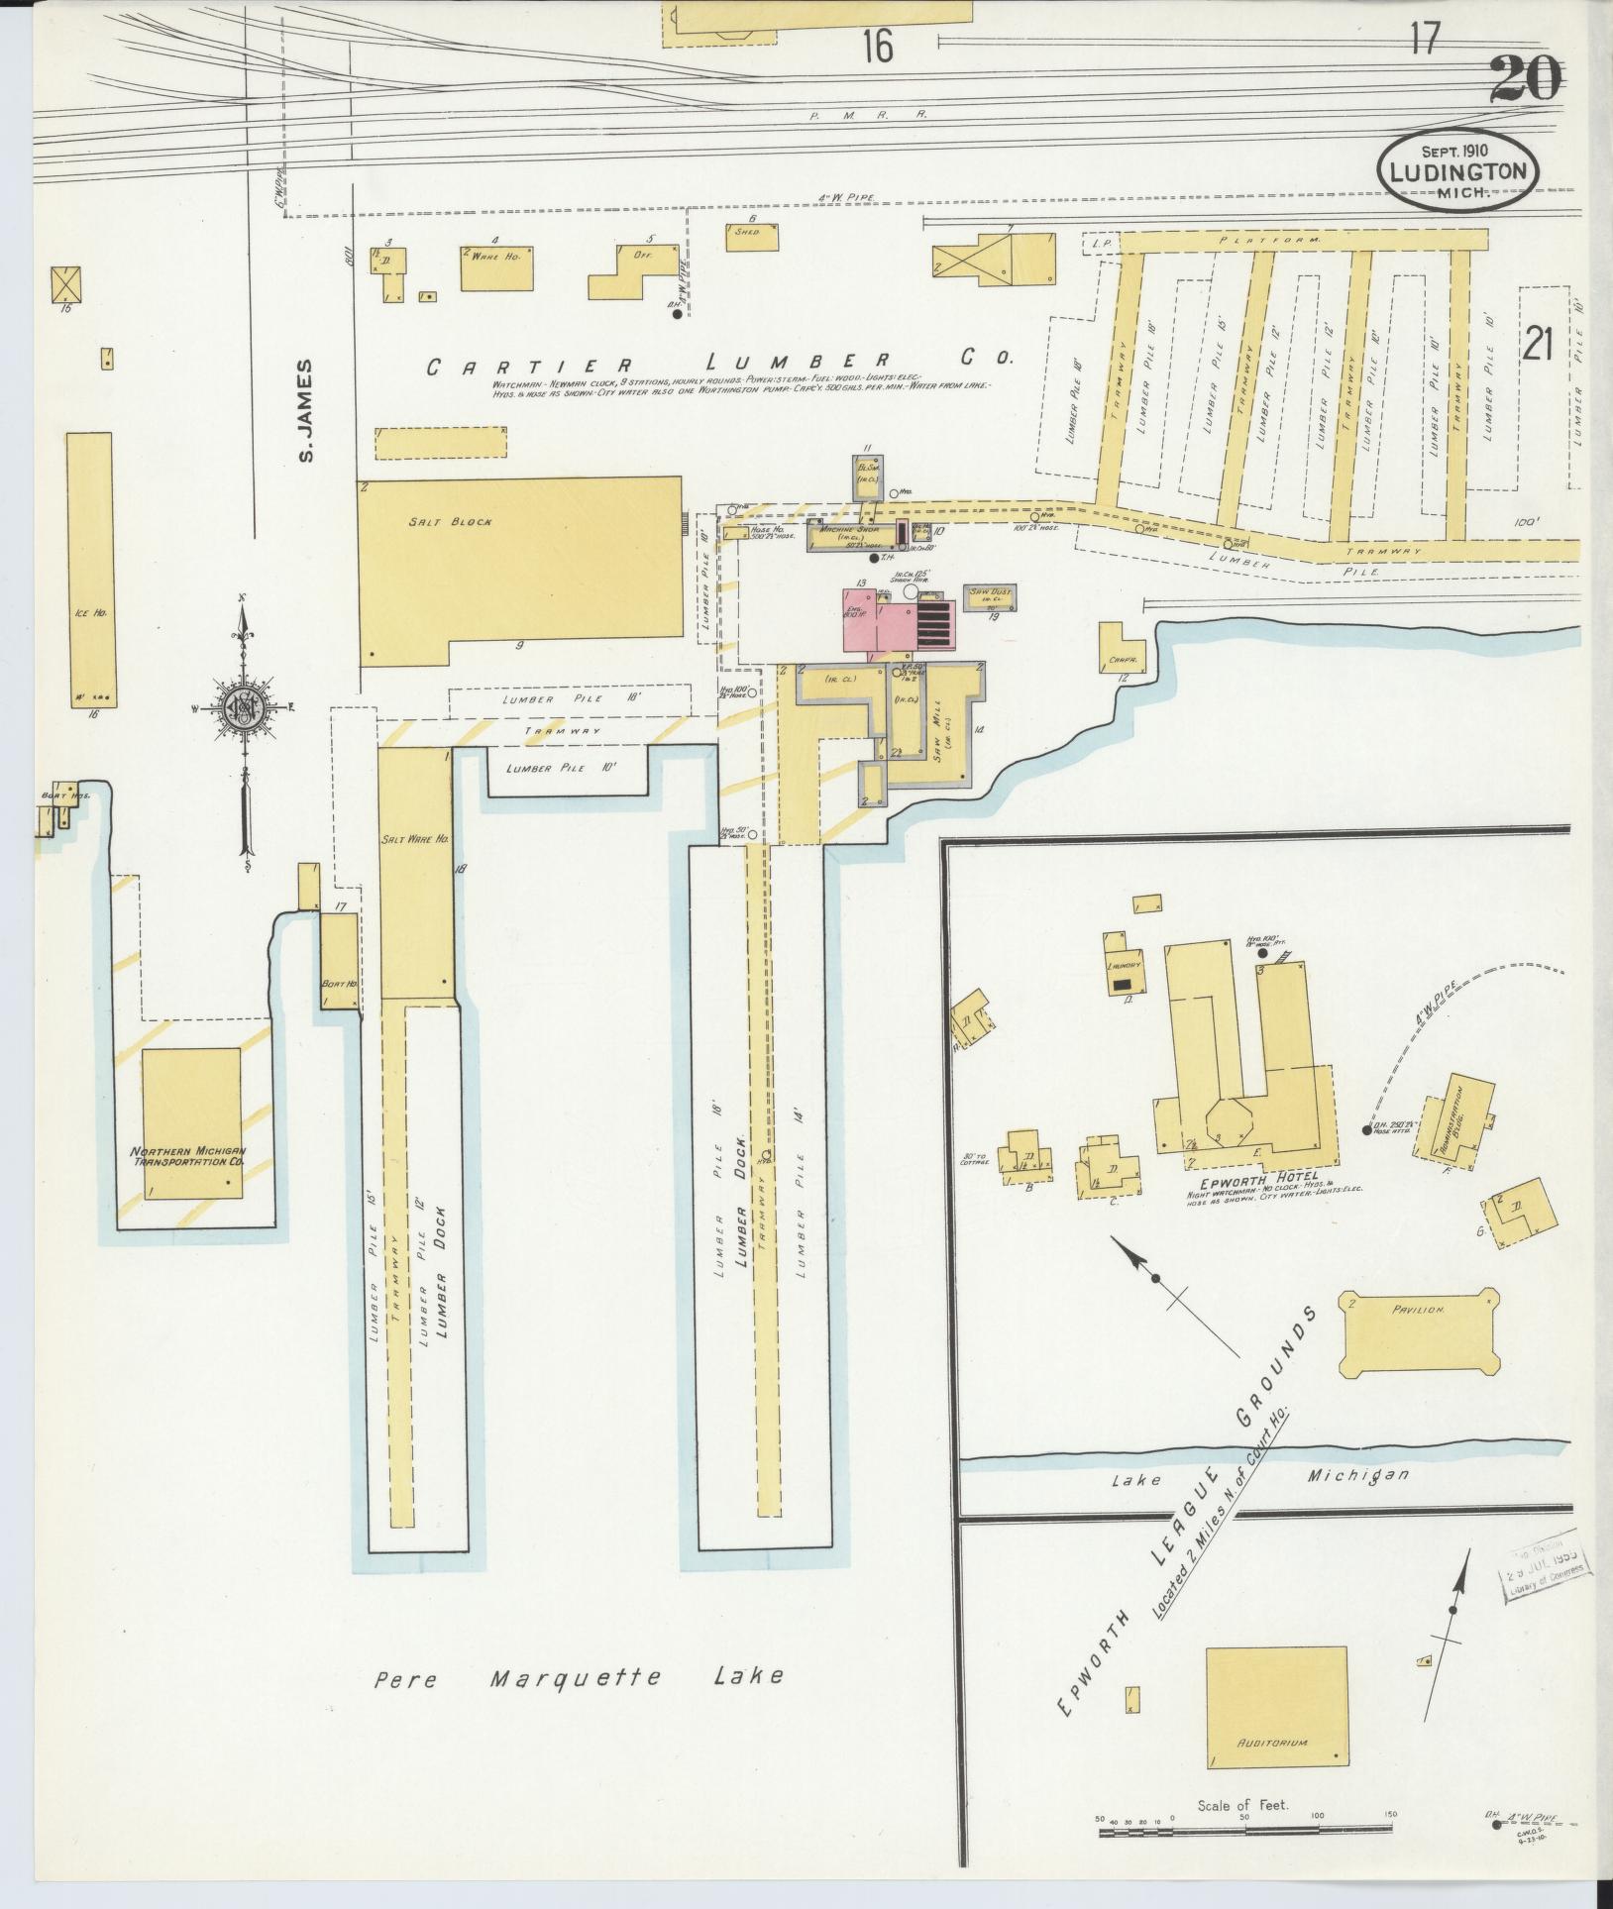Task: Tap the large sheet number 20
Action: point(1525,80)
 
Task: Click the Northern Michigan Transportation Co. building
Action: point(191,1122)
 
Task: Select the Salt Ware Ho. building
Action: point(416,872)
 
